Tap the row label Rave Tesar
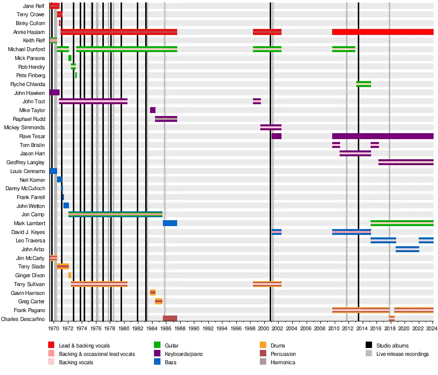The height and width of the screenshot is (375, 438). coord(32,136)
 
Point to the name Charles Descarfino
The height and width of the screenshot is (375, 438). coord(23,319)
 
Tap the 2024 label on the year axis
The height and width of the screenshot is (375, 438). coord(433,328)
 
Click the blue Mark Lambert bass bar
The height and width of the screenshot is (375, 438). coord(170,223)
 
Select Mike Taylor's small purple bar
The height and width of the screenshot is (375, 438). coord(153,110)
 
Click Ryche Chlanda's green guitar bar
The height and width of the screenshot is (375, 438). coord(364,84)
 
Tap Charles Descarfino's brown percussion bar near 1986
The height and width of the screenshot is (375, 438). coord(170,318)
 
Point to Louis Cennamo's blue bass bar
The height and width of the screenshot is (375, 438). coord(53,171)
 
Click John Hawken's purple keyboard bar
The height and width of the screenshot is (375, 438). coord(54,92)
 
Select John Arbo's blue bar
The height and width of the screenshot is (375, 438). coord(407,249)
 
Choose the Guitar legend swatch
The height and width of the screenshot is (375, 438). coord(157,346)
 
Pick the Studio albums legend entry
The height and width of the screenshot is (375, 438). coord(392,346)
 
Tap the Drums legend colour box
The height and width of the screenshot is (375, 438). coord(263,346)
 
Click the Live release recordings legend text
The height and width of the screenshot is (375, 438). coord(402,354)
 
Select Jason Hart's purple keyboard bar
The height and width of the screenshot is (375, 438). coord(355,153)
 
